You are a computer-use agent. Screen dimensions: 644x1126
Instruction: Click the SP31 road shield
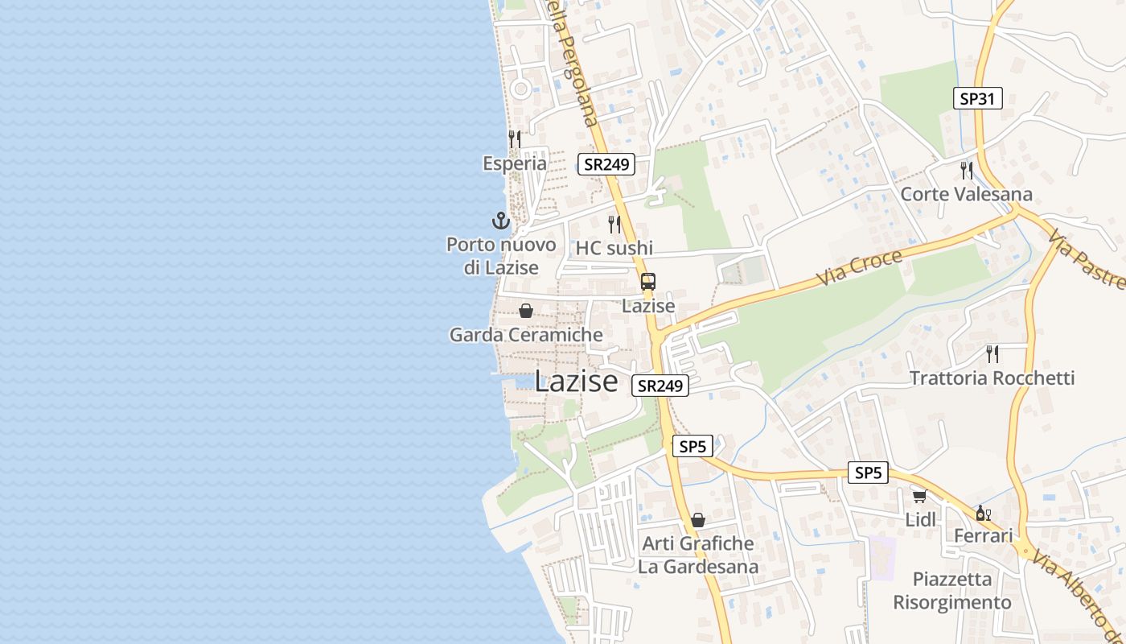coord(978,99)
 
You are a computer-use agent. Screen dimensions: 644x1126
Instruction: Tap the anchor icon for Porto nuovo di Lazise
coord(501,220)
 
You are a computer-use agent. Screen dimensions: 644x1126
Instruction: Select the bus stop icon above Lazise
coord(648,282)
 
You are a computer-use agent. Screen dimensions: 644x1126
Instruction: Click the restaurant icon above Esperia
coord(515,138)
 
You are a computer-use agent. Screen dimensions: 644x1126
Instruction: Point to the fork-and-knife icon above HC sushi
coord(614,223)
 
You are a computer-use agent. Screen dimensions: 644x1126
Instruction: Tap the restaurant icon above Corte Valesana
coord(966,170)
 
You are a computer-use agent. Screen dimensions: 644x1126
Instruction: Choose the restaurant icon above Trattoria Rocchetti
coord(992,353)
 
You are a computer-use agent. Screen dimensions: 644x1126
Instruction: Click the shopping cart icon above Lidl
coord(919,496)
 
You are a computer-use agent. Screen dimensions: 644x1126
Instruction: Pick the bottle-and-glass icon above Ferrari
coord(983,513)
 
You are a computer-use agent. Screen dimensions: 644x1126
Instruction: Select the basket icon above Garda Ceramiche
coord(526,311)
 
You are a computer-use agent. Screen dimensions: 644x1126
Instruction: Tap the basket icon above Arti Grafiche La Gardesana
coord(698,520)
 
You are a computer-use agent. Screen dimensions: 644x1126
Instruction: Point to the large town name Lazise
coord(576,381)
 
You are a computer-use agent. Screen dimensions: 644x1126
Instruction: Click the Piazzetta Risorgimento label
coord(952,591)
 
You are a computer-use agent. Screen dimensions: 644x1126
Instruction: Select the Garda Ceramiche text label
coord(526,335)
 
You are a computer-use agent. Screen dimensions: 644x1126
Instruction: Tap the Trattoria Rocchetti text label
coord(992,378)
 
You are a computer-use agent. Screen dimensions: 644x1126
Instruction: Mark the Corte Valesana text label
coord(966,194)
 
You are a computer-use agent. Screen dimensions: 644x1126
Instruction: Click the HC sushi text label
coord(614,248)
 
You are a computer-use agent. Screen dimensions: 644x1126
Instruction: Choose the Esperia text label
coord(515,163)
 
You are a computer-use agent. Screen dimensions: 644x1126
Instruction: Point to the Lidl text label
coord(921,520)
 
